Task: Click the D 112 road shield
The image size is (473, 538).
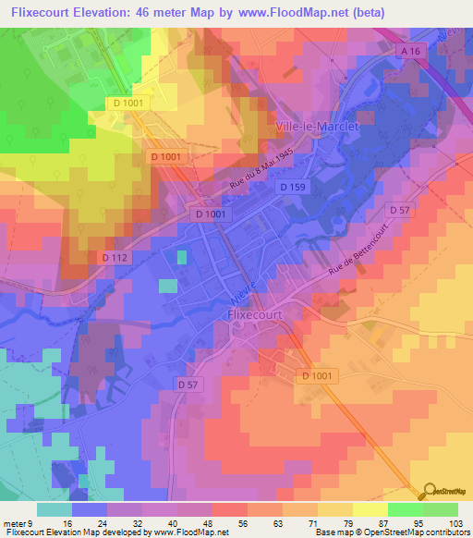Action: pyautogui.click(x=113, y=256)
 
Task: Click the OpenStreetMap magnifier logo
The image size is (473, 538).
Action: pyautogui.click(x=429, y=491)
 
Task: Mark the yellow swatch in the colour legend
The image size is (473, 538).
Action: pyautogui.click(x=370, y=509)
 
